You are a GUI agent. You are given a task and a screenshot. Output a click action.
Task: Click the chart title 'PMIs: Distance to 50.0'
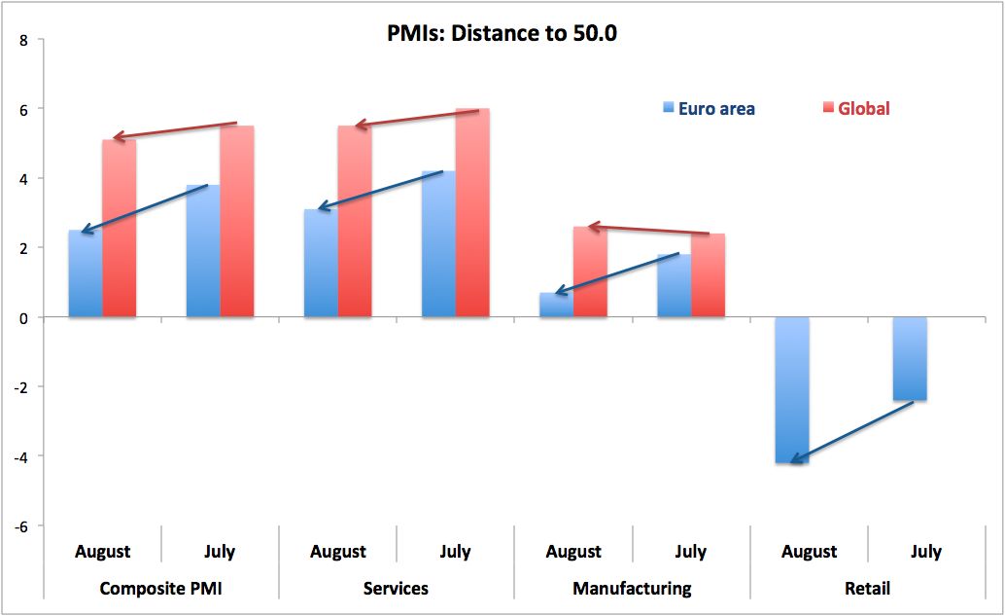click(x=502, y=34)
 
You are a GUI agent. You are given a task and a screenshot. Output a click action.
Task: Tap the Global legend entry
click(x=855, y=108)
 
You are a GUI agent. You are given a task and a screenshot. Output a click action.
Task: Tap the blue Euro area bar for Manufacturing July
click(x=674, y=286)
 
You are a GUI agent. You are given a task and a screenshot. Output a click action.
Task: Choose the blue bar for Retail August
click(x=792, y=389)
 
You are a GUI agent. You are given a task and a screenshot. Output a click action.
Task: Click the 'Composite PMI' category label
click(x=160, y=588)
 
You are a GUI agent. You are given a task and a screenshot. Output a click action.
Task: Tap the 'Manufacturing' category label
click(x=632, y=588)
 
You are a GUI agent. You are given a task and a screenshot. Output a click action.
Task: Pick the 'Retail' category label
click(x=866, y=588)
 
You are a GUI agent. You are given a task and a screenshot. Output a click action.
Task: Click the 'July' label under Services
click(x=455, y=552)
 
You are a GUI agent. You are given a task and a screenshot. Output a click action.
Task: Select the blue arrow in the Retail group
click(x=851, y=432)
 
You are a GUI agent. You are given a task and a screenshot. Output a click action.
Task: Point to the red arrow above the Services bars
click(x=417, y=119)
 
